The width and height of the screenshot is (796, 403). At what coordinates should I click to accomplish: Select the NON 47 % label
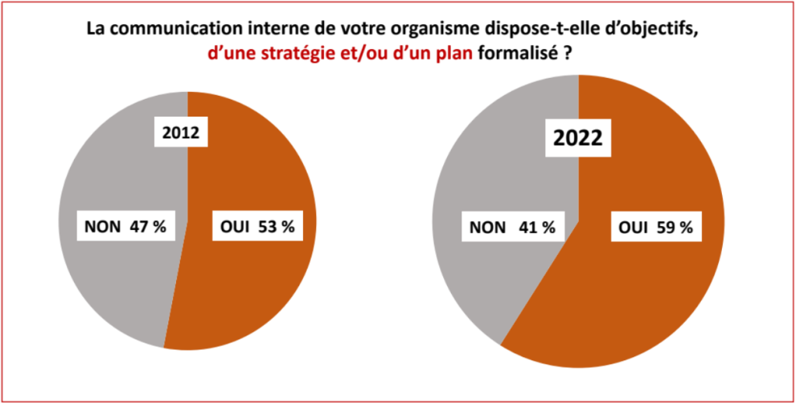click(125, 228)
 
